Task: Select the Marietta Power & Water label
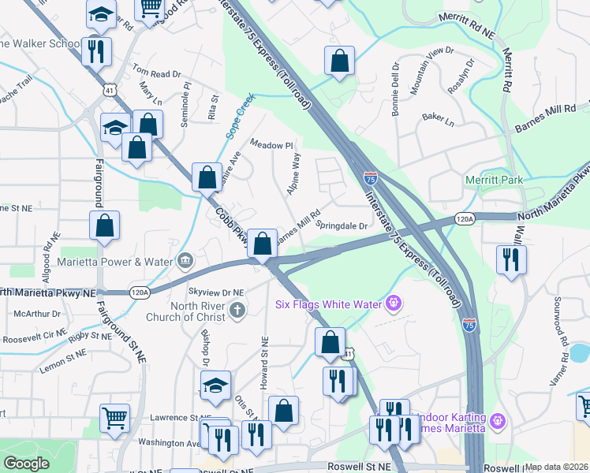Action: pos(116,261)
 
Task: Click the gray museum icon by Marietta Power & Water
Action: pos(185,260)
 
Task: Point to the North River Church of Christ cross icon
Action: pos(237,311)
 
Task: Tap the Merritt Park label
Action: pos(494,181)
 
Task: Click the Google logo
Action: pos(27,464)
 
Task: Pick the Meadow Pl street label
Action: pos(271,145)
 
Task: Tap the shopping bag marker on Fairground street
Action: pos(104,225)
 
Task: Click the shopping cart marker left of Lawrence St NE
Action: pos(114,419)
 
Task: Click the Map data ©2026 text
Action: pos(555,467)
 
